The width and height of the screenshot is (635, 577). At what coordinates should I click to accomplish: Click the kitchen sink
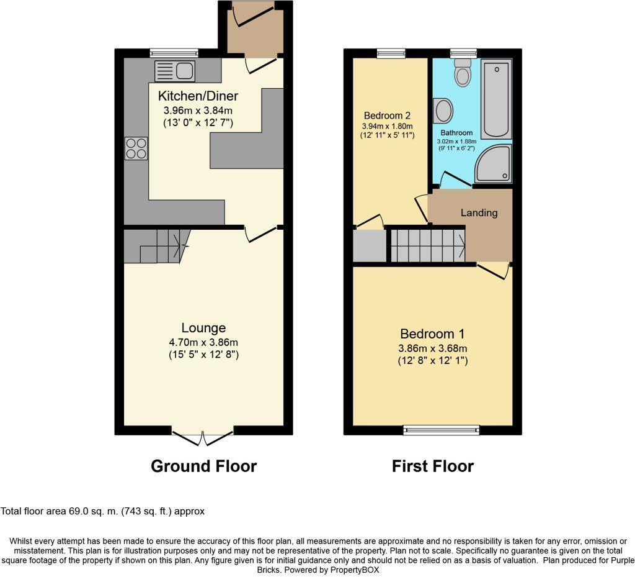pos(175,71)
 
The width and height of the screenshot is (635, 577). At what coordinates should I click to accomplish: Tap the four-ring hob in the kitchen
pos(136,148)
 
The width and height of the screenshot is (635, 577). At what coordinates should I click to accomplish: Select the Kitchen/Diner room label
pos(198,96)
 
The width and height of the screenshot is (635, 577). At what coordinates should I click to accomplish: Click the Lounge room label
pos(203,327)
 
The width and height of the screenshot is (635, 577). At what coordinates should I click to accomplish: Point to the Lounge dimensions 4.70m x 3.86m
pos(203,342)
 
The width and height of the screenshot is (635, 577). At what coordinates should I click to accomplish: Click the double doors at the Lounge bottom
pos(203,437)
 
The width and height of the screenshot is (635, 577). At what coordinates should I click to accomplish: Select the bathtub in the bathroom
pos(497,98)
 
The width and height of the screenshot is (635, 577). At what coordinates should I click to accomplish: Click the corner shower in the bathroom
pos(494,165)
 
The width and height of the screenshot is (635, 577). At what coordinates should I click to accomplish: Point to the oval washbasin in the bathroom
pos(443,111)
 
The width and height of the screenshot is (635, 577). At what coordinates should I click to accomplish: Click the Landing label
pos(479,212)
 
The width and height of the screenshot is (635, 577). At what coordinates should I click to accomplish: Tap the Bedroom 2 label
pos(387,116)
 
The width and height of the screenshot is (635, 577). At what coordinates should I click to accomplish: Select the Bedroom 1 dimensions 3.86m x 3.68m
pos(432,348)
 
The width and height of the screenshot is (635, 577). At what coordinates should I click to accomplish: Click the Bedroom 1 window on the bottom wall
pos(441,429)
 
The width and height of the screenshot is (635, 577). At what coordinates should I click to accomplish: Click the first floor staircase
pos(428,245)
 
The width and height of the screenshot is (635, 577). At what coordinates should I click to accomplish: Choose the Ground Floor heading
pos(203,466)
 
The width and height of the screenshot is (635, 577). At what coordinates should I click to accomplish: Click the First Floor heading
pos(432,466)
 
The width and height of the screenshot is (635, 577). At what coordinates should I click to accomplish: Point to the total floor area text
pos(102,511)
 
